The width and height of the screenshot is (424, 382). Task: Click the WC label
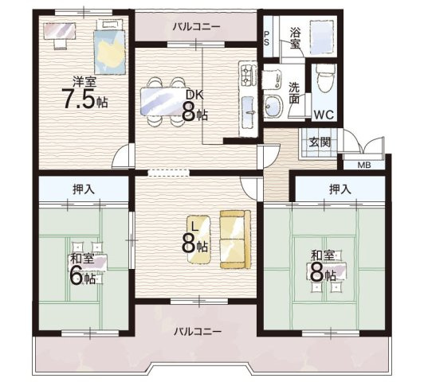(x=324, y=115)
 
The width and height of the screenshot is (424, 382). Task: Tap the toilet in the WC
(x=324, y=79)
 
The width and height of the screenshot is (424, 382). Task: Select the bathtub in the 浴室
(x=322, y=37)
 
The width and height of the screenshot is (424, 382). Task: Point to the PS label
(x=267, y=38)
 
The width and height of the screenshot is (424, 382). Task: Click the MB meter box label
(x=364, y=165)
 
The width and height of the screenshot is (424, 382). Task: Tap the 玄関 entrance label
(x=320, y=142)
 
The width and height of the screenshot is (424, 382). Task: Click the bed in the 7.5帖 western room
(x=110, y=48)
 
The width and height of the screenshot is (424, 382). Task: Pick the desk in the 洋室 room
(x=60, y=31)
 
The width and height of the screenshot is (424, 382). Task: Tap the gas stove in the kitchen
(x=248, y=73)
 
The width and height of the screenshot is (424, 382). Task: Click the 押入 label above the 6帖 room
(x=84, y=189)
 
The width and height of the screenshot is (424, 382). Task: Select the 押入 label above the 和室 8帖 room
(x=340, y=189)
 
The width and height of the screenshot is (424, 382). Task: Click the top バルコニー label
(x=197, y=27)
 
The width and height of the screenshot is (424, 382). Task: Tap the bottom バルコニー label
(x=198, y=331)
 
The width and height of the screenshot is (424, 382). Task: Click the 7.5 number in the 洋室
(x=79, y=98)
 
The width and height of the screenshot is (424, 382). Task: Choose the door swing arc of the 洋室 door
(x=118, y=155)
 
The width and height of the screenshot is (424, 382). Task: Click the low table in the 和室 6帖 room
(x=88, y=262)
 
